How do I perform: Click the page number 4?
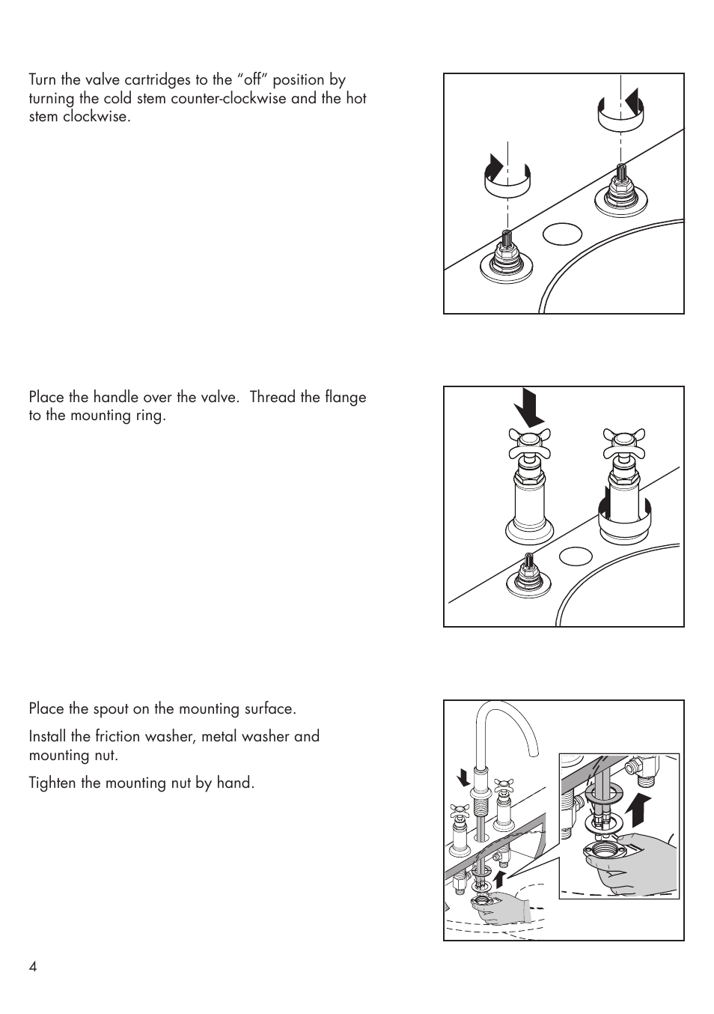pyautogui.click(x=33, y=966)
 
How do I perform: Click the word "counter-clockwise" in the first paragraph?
pyautogui.click(x=230, y=98)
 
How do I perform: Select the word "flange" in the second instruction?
pyautogui.click(x=347, y=397)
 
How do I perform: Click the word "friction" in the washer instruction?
pyautogui.click(x=120, y=736)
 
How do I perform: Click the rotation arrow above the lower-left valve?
pyautogui.click(x=507, y=177)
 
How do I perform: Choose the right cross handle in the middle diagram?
pyautogui.click(x=624, y=445)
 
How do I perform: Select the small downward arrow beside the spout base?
pyautogui.click(x=464, y=777)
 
